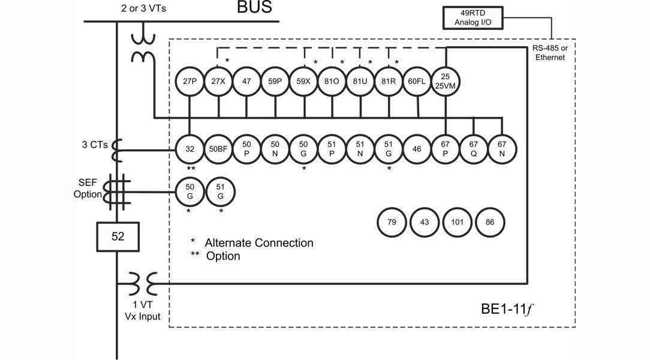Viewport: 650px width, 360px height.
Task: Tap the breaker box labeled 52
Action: pyautogui.click(x=118, y=236)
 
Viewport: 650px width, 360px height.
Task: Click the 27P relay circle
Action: pyautogui.click(x=189, y=80)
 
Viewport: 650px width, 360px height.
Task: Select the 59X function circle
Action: pyautogui.click(x=304, y=80)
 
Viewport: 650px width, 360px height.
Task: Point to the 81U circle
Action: pyautogui.click(x=360, y=80)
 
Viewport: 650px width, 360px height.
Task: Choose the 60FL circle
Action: pyautogui.click(x=417, y=80)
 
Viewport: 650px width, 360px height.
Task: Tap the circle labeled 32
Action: pyautogui.click(x=189, y=148)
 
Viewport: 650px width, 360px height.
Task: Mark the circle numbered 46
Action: pyautogui.click(x=417, y=148)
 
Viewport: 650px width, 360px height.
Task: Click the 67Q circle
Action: pyautogui.click(x=474, y=148)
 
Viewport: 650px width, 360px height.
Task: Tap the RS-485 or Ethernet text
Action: pyautogui.click(x=552, y=53)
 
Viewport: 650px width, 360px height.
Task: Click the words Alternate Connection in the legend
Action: pyautogui.click(x=259, y=243)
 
